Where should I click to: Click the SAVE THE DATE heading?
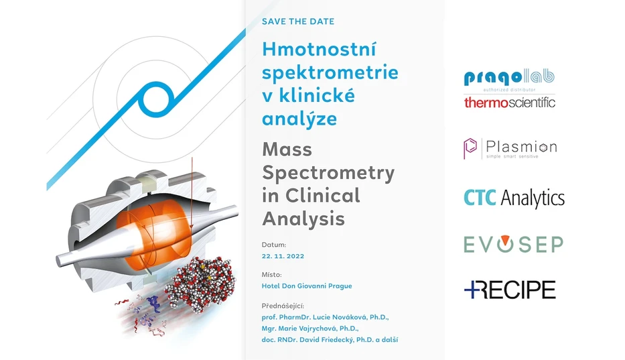pyautogui.click(x=298, y=21)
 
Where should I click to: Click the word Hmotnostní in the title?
pyautogui.click(x=319, y=50)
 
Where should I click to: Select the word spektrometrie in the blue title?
pyautogui.click(x=330, y=72)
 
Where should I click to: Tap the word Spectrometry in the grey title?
pyautogui.click(x=328, y=172)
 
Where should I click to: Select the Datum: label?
pyautogui.click(x=274, y=245)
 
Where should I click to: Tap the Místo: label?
pyautogui.click(x=272, y=274)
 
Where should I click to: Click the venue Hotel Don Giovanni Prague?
pyautogui.click(x=307, y=286)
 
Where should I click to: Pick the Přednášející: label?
pyautogui.click(x=287, y=305)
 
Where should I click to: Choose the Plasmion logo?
pyautogui.click(x=510, y=147)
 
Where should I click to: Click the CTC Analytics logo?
pyautogui.click(x=514, y=198)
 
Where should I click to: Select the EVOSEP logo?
pyautogui.click(x=513, y=244)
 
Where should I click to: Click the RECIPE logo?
pyautogui.click(x=510, y=289)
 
